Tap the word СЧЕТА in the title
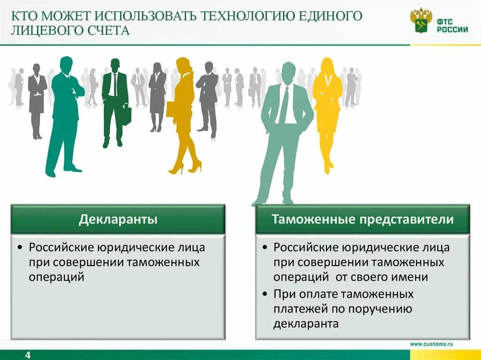tap(108, 31)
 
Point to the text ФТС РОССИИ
tap(452, 24)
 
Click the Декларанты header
tap(118, 219)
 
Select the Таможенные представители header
tap(362, 219)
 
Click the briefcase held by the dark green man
tap(126, 115)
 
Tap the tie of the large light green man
tap(284, 106)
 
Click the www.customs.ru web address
tap(431, 344)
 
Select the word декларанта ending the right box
tap(306, 324)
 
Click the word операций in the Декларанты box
tap(57, 277)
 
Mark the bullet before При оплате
tap(265, 294)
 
